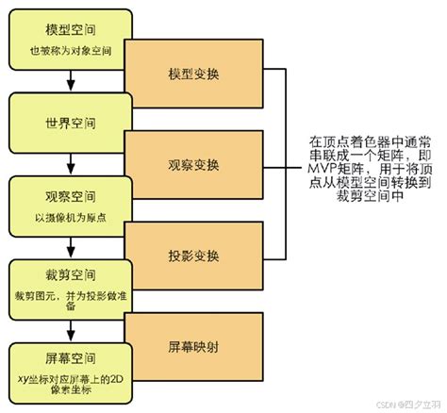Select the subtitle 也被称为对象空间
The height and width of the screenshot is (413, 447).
click(x=68, y=50)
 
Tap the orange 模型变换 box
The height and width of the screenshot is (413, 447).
click(x=193, y=74)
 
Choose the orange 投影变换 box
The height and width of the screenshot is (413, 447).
click(x=193, y=256)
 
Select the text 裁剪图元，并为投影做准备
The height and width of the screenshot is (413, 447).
click(x=68, y=301)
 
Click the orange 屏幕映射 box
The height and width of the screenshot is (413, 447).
click(x=193, y=345)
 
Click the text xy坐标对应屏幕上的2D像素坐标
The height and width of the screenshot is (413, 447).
click(x=68, y=386)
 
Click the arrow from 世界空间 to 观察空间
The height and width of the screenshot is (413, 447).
click(x=68, y=148)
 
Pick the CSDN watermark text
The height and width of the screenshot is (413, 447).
click(x=381, y=403)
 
